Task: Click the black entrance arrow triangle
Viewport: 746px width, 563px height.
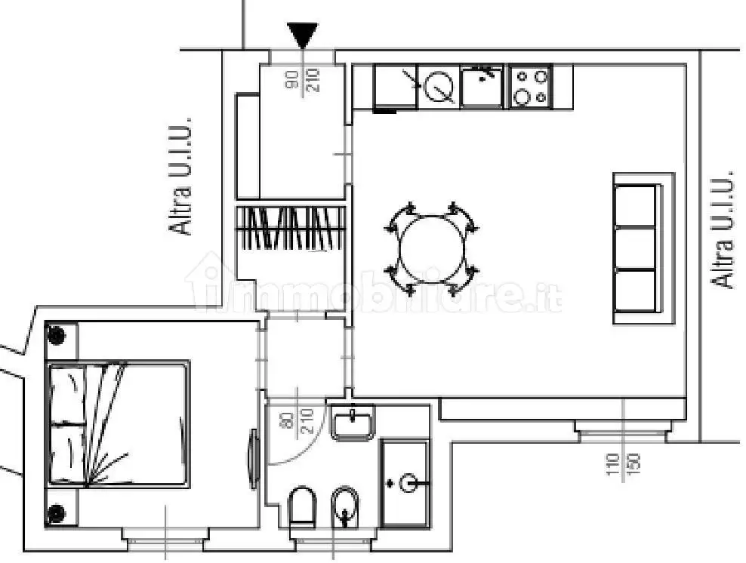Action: pyautogui.click(x=303, y=34)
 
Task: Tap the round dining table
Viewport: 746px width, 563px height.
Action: pyautogui.click(x=432, y=248)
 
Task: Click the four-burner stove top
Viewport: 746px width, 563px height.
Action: pyautogui.click(x=531, y=86)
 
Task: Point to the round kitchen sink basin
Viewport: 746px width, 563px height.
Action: pyautogui.click(x=438, y=88)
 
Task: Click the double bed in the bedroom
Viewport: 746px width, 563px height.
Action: pyautogui.click(x=119, y=425)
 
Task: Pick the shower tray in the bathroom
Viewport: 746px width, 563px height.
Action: pyautogui.click(x=405, y=482)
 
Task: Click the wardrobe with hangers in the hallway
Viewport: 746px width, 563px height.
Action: pyautogui.click(x=291, y=228)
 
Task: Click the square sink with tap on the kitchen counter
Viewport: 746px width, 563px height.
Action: pyautogui.click(x=482, y=86)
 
